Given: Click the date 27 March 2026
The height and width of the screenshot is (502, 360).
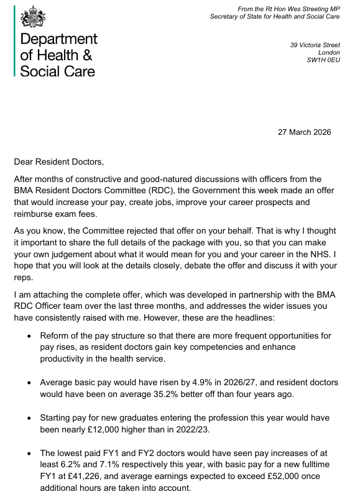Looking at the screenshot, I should pos(304,132).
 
